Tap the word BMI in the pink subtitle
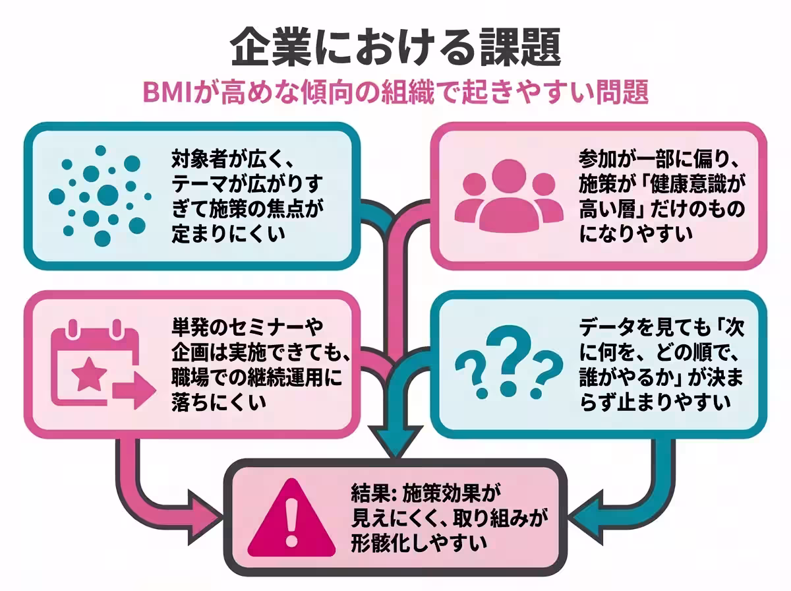click(171, 92)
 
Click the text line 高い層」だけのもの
click(662, 211)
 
